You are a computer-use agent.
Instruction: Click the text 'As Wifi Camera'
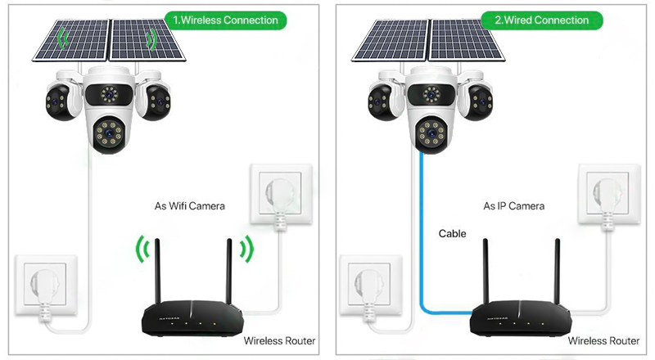[189, 206]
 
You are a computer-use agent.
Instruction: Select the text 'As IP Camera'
[514, 206]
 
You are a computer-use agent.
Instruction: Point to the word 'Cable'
[452, 234]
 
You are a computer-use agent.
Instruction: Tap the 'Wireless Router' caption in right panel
[603, 340]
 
